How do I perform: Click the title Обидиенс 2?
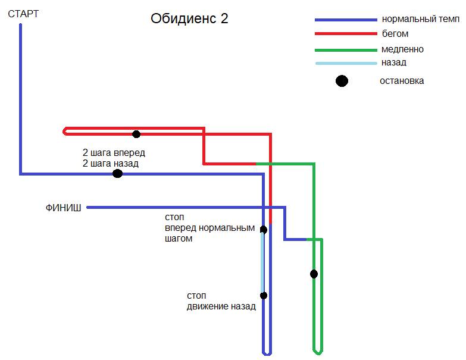click(189, 18)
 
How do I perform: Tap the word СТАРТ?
click(23, 13)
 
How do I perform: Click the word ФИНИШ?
click(63, 208)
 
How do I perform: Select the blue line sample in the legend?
click(345, 20)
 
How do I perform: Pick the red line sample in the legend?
click(345, 34)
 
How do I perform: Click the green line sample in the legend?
click(345, 49)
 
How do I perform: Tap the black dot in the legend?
click(342, 81)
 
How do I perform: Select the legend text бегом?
click(395, 34)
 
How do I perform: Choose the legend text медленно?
click(403, 49)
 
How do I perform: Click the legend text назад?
click(394, 62)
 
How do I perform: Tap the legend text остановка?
click(402, 81)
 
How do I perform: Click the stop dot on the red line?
click(136, 134)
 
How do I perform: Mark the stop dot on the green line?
click(314, 274)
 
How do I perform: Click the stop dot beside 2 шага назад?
click(117, 174)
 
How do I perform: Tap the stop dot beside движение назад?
click(264, 295)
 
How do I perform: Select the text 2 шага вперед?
click(114, 152)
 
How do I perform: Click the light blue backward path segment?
click(262, 262)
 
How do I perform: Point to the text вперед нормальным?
click(209, 228)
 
